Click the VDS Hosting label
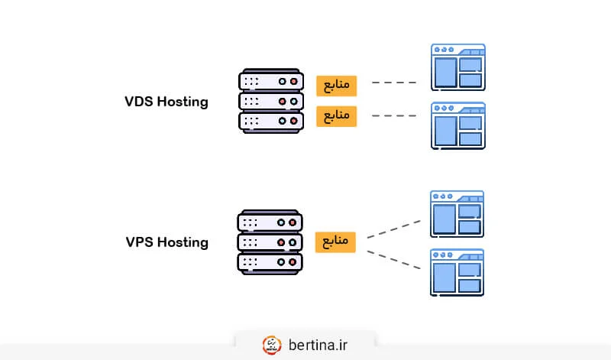pos(166,102)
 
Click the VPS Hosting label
pos(166,242)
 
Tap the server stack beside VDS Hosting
pos(270,101)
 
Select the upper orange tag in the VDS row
pos(336,84)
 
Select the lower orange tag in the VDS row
pos(336,116)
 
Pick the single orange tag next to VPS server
pos(336,242)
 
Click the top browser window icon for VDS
pos(457,66)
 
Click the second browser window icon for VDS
pos(457,125)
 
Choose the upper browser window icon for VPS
pos(457,213)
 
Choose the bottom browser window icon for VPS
pos(457,272)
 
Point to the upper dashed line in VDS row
pos(394,83)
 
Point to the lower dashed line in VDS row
pos(394,116)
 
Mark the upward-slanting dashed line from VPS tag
pos(394,229)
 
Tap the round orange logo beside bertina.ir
pos(271,345)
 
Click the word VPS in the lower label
pos(141,242)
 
